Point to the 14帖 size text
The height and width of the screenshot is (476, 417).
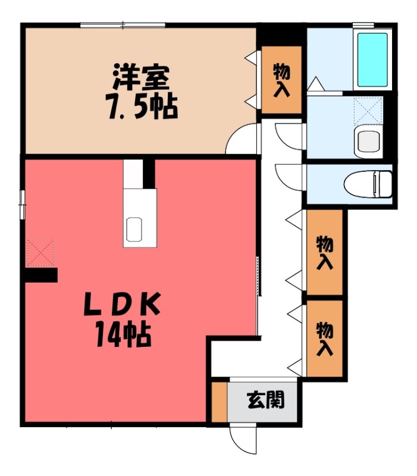tap(124, 337)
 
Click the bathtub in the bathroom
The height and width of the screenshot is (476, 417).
tap(373, 59)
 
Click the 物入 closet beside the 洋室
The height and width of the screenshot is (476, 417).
tap(282, 80)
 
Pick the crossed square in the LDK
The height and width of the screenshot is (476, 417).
tap(40, 252)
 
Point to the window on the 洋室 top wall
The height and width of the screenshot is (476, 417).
tap(123, 24)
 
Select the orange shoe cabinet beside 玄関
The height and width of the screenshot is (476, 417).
tap(220, 402)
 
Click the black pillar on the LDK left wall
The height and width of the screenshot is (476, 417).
tap(41, 275)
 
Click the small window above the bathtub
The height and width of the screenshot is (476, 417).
tap(364, 24)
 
